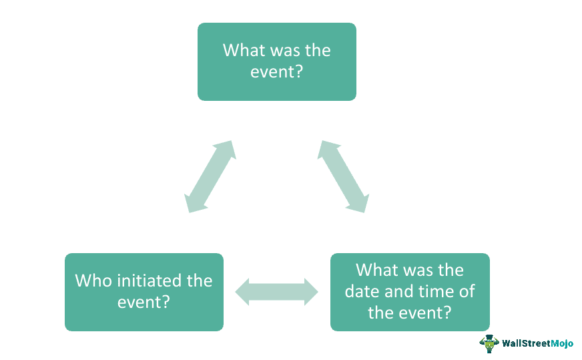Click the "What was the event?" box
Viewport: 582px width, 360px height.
point(276,61)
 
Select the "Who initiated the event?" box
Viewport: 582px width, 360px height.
point(143,291)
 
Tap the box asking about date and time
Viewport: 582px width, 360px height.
point(409,291)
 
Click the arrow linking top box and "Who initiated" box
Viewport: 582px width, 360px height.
point(210,176)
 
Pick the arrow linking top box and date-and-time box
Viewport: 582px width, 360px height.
point(343,176)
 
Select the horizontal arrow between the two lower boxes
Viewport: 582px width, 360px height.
point(277,292)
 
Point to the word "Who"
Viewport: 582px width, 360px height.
point(93,281)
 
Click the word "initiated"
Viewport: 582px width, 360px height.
point(148,281)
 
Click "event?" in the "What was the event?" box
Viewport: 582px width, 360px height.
point(276,71)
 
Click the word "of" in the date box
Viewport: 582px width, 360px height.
point(467,291)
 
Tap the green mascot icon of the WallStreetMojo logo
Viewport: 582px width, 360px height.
point(489,343)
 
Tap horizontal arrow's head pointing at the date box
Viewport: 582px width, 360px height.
point(312,292)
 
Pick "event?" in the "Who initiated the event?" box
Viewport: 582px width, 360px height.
point(143,302)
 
